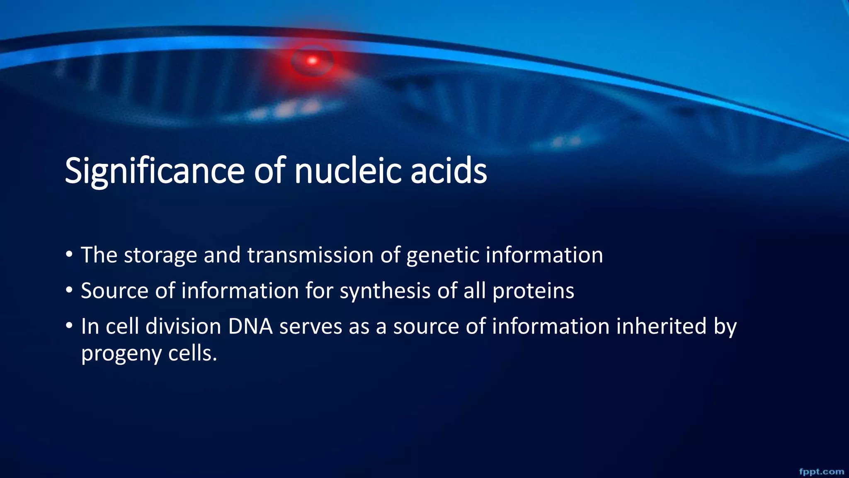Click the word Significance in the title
tap(154, 171)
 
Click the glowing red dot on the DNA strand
tap(312, 61)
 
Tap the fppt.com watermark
tap(821, 471)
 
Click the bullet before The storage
tap(69, 254)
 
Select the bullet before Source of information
tap(69, 290)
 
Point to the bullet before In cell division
tap(69, 326)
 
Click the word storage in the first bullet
tap(160, 255)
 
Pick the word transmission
tap(310, 255)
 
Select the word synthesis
tap(385, 291)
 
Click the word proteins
tap(533, 291)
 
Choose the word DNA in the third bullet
tap(250, 326)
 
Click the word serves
tap(310, 327)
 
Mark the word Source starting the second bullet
tap(115, 290)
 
